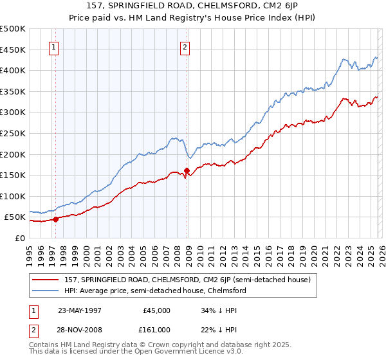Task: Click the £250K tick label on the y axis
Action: click(x=14, y=133)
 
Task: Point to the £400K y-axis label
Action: click(x=14, y=70)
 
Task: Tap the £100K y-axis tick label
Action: click(x=14, y=196)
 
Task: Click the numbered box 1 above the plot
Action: click(x=53, y=47)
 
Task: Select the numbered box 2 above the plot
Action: click(x=185, y=47)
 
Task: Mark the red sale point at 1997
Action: click(x=56, y=219)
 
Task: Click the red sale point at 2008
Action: click(x=187, y=170)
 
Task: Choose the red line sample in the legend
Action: click(x=47, y=280)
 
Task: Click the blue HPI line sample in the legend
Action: click(x=47, y=291)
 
